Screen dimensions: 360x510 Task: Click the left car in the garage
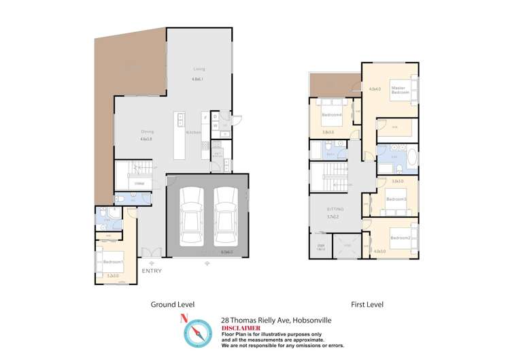[191, 216]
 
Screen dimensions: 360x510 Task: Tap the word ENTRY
[152, 271]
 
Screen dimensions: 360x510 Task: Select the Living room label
[199, 69]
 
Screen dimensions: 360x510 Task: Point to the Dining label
[146, 132]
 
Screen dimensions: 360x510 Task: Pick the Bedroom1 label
[113, 262]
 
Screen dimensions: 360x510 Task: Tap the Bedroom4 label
[331, 114]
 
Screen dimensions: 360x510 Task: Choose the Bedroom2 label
[400, 238]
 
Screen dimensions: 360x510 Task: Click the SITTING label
[335, 209]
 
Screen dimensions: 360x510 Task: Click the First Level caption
[367, 304]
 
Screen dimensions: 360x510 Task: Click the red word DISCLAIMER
[241, 327]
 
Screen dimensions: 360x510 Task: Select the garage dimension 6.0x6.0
[227, 252]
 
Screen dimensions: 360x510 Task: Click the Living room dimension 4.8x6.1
[198, 80]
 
